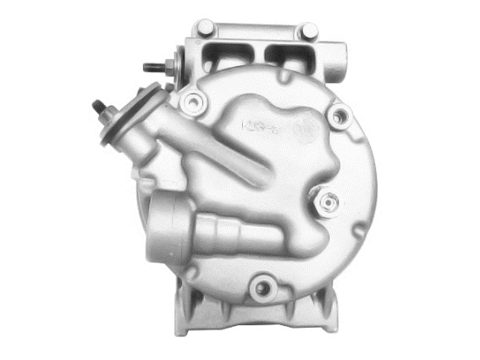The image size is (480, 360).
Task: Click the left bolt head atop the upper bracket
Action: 207,29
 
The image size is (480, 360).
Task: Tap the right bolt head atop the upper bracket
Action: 311,30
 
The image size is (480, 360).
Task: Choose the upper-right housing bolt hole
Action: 339,116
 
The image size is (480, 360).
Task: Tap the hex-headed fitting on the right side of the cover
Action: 328,202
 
